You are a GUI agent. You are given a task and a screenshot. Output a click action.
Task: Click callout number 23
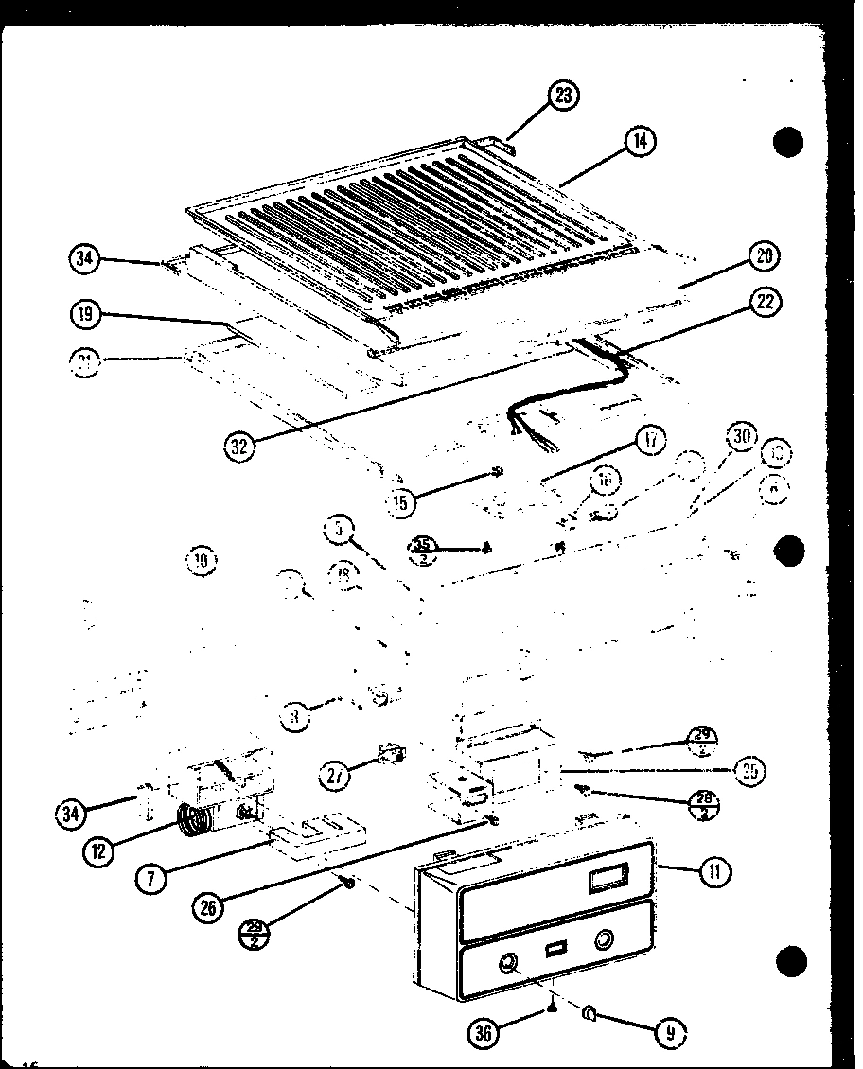[x=565, y=96]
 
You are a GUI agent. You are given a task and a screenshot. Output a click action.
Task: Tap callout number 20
[x=764, y=256]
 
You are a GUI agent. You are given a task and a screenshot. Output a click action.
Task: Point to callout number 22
[x=766, y=302]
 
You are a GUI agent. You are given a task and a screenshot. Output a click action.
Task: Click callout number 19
[x=86, y=314]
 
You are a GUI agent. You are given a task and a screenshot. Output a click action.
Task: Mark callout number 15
[x=402, y=502]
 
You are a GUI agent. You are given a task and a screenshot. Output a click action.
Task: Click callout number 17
[x=652, y=441]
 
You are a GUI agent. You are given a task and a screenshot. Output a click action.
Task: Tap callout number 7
[x=150, y=878]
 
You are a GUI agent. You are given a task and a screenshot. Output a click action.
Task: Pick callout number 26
[x=207, y=906]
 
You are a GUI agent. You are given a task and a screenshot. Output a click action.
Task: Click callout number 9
[x=670, y=1033]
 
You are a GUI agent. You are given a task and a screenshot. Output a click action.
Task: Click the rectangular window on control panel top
[x=606, y=881]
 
